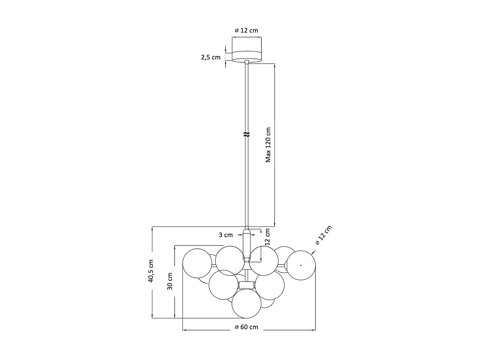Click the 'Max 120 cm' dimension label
point(268,145)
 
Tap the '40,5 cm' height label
point(151,271)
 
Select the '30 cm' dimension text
point(170,281)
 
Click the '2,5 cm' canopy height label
point(211,58)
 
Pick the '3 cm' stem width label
point(226,235)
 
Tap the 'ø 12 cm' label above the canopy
point(246,30)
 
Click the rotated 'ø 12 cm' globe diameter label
point(324,235)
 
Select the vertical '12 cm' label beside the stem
point(267,237)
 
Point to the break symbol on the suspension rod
point(247,134)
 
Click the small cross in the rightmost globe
point(301,265)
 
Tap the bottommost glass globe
point(246,304)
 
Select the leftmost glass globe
point(197,263)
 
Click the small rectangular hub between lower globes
point(247,285)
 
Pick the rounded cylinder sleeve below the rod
point(247,245)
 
